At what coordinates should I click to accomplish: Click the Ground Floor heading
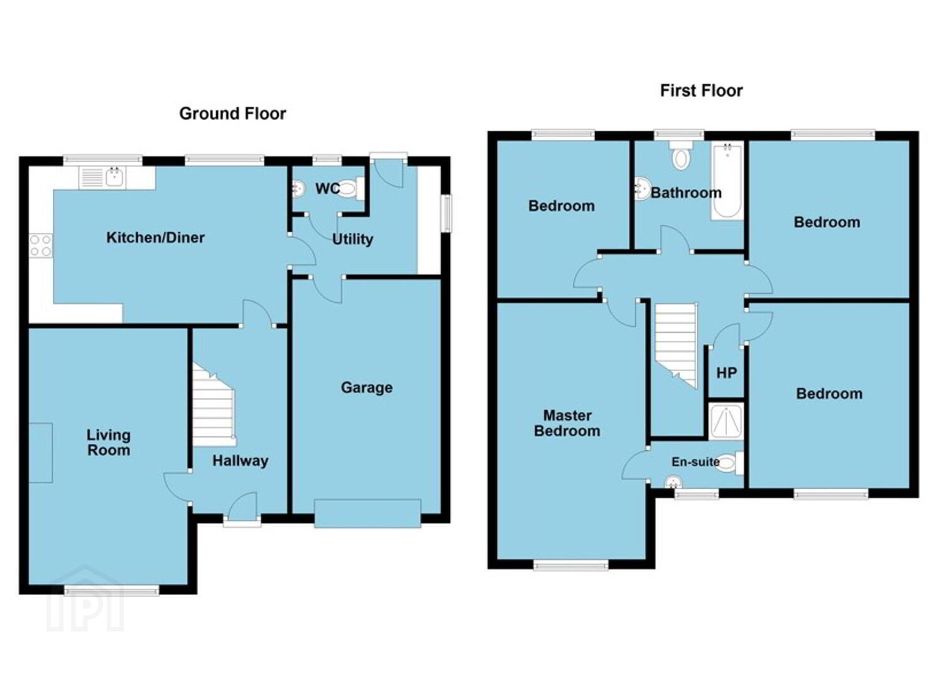(232, 114)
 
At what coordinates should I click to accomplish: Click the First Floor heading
(701, 90)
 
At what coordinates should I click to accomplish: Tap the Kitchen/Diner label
(155, 238)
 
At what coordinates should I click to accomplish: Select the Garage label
(367, 388)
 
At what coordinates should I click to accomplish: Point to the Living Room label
(109, 443)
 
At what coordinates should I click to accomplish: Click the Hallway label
(241, 461)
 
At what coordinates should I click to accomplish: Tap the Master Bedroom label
(567, 423)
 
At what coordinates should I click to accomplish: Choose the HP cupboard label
(726, 373)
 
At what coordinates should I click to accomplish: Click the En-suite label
(696, 461)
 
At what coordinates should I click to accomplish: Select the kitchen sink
(102, 178)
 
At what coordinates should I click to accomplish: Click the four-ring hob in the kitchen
(41, 245)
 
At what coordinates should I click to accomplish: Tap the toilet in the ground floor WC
(351, 189)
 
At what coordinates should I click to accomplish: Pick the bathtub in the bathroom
(727, 181)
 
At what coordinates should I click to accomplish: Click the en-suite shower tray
(726, 421)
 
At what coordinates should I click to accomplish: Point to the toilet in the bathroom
(680, 156)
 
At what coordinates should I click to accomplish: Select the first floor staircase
(676, 345)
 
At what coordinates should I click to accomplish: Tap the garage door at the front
(368, 514)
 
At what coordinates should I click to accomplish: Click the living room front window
(112, 590)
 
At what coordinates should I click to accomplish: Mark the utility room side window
(447, 213)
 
